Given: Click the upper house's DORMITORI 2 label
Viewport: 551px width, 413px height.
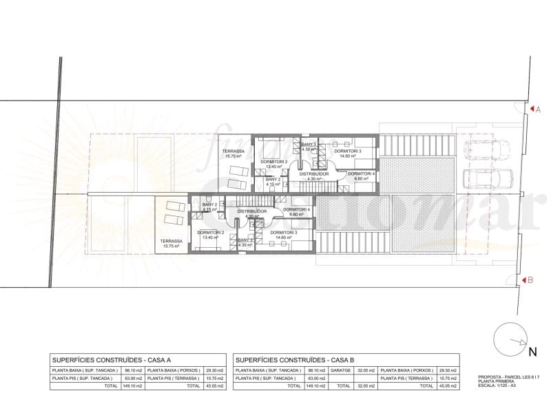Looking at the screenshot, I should (x=273, y=161).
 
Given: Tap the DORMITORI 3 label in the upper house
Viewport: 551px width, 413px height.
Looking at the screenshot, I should (x=347, y=151).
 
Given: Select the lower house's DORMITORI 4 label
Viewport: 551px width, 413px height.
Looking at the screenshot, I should (x=296, y=209).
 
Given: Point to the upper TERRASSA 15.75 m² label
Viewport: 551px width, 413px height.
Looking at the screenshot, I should (x=234, y=153).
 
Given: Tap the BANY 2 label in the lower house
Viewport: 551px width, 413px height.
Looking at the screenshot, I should (x=209, y=204).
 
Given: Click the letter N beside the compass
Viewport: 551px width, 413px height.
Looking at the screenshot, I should (x=532, y=352).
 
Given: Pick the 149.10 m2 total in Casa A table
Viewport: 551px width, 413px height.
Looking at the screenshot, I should (x=133, y=387).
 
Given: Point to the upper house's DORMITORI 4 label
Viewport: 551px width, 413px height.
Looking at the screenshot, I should (x=361, y=174).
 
